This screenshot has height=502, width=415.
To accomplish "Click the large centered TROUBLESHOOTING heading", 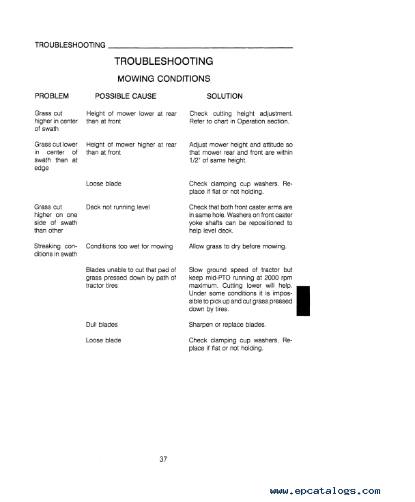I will tap(163, 61).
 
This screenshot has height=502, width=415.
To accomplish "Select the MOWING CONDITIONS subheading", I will tap(164, 79).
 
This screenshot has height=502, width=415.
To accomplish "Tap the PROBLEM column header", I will tap(51, 96).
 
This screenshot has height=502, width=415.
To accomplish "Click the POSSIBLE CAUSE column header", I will tap(126, 96).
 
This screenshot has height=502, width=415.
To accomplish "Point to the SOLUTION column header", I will tap(225, 96).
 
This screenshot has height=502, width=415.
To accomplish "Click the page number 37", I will tap(163, 458).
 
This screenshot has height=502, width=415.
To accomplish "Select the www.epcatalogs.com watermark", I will tap(325, 490).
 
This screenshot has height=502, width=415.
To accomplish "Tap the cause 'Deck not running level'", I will tap(118, 207).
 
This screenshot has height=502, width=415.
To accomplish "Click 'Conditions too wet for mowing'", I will tap(130, 246).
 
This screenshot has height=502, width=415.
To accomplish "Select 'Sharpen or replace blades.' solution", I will tap(227, 325).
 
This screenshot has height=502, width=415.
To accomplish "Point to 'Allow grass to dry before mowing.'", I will tap(238, 246).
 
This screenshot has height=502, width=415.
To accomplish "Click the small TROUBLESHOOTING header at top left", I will tap(70, 46).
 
